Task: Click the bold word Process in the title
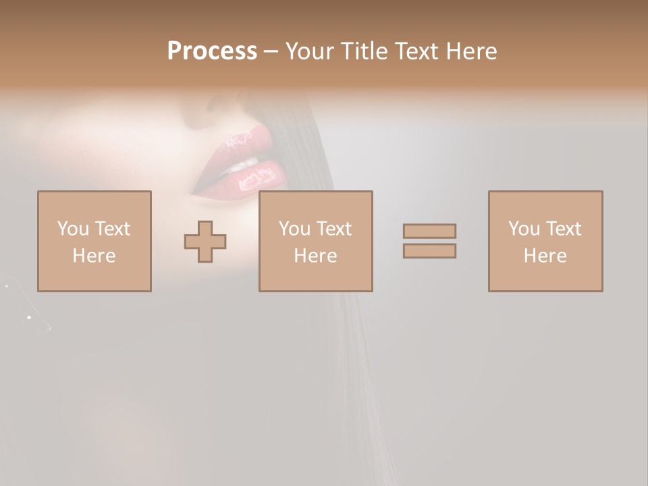(212, 51)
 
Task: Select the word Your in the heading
(311, 51)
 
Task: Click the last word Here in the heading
(471, 51)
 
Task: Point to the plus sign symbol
(205, 242)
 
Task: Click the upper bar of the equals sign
(429, 231)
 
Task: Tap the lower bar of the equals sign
(429, 250)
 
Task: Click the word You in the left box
(73, 229)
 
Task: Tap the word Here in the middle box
(316, 256)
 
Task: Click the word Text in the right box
(563, 229)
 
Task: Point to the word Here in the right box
(545, 256)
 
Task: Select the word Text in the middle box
(334, 229)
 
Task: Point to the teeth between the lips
(244, 163)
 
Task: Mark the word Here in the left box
(94, 256)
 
